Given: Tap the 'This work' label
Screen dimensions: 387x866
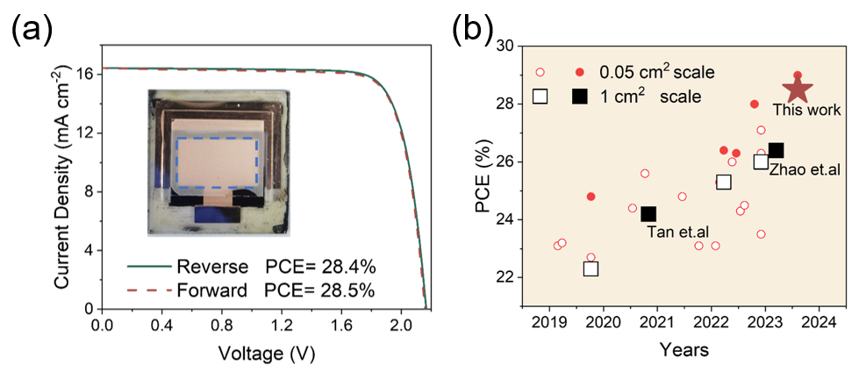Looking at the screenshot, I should (x=806, y=111).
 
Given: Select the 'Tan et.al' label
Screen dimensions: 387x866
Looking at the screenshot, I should (x=678, y=232).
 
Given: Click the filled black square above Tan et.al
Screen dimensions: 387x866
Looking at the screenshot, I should (x=648, y=214).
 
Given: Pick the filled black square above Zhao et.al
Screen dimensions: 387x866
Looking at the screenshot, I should (x=776, y=151).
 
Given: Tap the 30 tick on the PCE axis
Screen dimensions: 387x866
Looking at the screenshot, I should (x=505, y=46).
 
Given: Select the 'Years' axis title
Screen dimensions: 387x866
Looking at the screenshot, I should (x=683, y=350).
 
